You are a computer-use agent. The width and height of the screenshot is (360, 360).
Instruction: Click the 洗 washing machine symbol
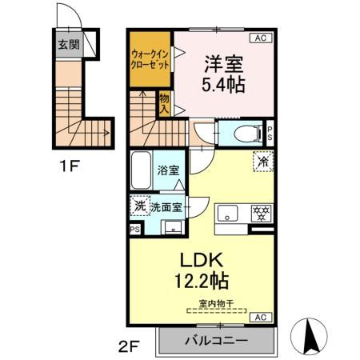[x=139, y=206]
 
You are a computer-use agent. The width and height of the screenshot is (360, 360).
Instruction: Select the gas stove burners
[x=259, y=214]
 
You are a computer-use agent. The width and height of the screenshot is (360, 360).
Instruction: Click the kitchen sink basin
[x=229, y=214]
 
